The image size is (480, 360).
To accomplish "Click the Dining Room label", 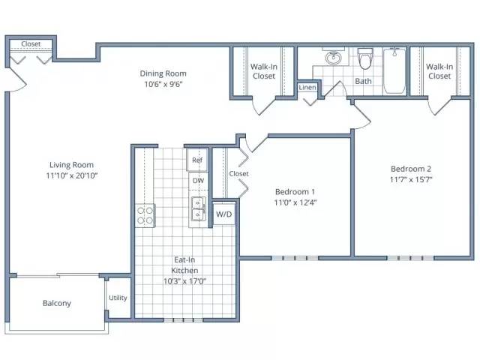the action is pos(163,73).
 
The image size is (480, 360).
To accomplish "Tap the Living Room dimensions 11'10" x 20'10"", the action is pos(72,175).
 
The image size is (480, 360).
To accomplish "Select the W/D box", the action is pos(223,214).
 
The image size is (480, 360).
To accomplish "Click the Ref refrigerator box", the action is pos(197,160).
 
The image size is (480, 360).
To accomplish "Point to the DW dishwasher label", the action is pos(198,181).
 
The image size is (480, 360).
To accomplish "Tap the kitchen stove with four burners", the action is pos(145,215).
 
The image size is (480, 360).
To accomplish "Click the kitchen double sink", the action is pos(199,209).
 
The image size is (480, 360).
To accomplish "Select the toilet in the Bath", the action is pos(365,58).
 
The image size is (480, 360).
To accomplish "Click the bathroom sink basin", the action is pos(333,57).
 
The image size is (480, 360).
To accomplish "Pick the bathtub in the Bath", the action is pos(394,70).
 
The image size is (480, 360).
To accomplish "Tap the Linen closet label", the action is pos(307,88).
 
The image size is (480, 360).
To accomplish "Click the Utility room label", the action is pos(118,298).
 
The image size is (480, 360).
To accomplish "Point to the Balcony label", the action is pos(57,303).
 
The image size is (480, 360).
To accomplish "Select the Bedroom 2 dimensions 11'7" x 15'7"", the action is pos(411,179).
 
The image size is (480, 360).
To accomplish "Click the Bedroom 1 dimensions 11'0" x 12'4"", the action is pos(295,202).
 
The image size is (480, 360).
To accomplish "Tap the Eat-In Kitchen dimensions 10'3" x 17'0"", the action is pos(184,281).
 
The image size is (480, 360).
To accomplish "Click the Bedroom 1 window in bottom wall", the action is pos(295,258).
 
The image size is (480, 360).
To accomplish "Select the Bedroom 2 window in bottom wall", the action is pos(410,258).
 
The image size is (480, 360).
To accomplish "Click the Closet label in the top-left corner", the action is pos(31,44).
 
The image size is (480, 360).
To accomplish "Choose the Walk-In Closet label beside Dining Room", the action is pos(264,71).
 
